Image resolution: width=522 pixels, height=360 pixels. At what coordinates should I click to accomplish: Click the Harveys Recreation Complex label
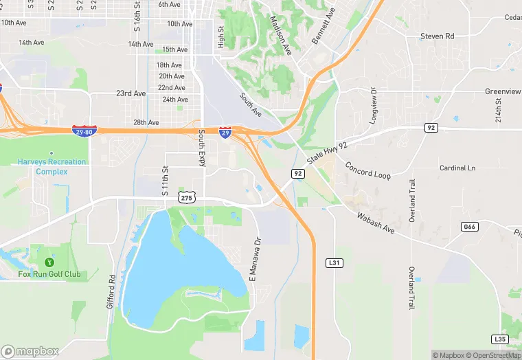pos(52,167)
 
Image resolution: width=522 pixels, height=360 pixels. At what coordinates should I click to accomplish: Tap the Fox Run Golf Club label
pos(49,275)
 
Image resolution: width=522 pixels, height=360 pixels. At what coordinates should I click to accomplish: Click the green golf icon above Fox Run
pos(49,262)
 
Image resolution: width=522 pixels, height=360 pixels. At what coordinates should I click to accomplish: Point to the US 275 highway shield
pos(187,197)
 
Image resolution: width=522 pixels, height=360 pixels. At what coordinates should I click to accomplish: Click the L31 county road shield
pos(334,262)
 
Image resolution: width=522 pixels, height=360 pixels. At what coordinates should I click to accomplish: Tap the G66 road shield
pos(470,227)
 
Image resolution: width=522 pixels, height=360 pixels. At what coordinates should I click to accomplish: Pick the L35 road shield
pos(500,339)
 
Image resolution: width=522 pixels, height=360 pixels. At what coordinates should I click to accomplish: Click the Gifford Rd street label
pos(111,291)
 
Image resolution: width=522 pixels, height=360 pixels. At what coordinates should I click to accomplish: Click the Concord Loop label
pos(367,170)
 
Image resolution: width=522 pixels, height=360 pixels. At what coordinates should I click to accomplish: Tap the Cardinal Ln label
pos(457,168)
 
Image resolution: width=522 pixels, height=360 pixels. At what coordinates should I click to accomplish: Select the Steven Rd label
pos(438,36)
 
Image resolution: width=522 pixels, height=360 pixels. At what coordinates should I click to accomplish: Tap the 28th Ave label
pos(146,122)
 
